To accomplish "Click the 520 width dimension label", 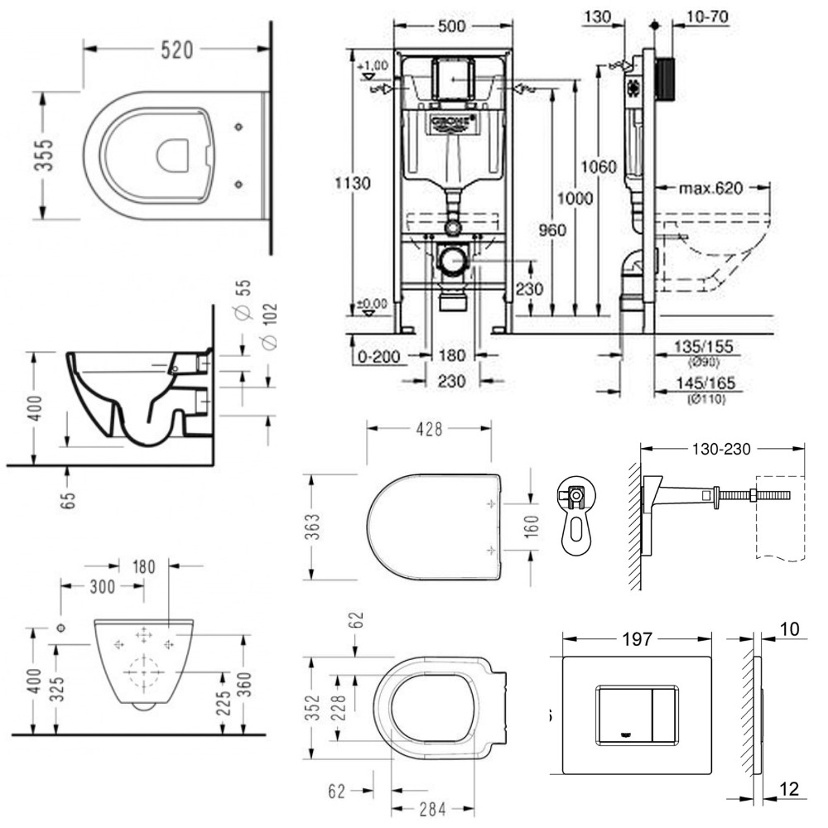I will pos(176,51).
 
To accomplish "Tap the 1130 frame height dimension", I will pos(371,182).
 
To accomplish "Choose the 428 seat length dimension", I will pos(430,429).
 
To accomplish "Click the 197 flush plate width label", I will pos(638,638).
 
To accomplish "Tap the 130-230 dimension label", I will pos(721,450).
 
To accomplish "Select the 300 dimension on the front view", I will pos(104,585).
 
